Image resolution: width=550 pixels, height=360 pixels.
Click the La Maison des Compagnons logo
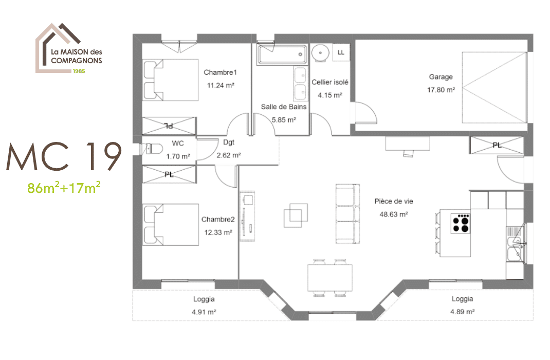coord(69,49)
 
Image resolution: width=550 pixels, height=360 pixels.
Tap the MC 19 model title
coord(64,157)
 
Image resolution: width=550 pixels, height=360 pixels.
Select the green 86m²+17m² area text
coord(64,188)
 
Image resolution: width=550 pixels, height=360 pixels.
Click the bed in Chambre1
coord(171,80)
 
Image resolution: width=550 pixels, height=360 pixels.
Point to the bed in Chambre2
coord(171,225)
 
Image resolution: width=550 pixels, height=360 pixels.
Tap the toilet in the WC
coord(153,149)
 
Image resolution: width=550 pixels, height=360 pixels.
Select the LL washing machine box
coord(341,52)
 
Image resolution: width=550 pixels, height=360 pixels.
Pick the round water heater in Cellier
coord(320,52)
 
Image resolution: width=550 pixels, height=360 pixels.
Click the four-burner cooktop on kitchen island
coord(461,223)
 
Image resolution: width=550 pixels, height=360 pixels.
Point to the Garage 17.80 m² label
coord(441,83)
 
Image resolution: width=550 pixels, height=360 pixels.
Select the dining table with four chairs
coord(331,278)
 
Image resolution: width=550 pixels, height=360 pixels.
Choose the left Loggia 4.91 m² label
coord(204,305)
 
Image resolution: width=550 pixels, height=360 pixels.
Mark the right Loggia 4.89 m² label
coord(462,305)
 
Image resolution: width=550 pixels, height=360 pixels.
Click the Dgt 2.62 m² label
coord(229,149)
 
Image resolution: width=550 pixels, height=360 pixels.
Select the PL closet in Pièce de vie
coord(496,145)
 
